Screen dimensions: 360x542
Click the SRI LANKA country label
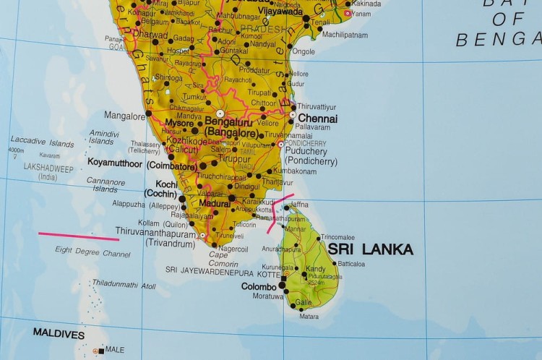click(371, 249)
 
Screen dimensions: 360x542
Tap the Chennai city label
click(317, 118)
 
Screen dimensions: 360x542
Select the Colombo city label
click(259, 286)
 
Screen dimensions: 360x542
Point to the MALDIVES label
click(59, 335)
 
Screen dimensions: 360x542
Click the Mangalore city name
click(124, 115)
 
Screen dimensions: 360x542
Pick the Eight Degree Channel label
click(93, 252)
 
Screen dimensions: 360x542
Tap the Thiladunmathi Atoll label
click(124, 285)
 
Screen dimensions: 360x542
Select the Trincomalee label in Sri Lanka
click(337, 237)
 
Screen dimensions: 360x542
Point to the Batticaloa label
click(351, 264)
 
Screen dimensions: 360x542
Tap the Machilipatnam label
click(345, 35)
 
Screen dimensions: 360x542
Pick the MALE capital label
click(115, 350)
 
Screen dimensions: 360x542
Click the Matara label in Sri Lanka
click(309, 316)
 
